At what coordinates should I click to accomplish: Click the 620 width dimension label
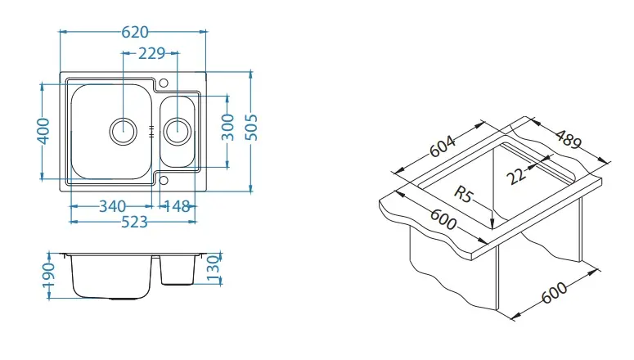tap(135, 32)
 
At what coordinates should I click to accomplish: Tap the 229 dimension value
tap(152, 53)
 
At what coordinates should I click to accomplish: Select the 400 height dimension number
tap(46, 130)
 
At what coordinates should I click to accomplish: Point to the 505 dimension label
tap(252, 127)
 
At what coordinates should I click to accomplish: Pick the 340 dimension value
tap(112, 205)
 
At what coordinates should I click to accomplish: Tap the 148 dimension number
tap(177, 205)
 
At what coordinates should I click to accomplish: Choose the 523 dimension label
tap(135, 221)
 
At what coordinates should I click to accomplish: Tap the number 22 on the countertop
tap(516, 174)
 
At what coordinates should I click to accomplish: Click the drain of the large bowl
tap(124, 128)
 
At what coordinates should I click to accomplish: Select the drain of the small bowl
tap(177, 128)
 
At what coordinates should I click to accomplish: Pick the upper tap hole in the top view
tap(163, 83)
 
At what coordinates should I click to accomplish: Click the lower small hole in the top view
tap(163, 179)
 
